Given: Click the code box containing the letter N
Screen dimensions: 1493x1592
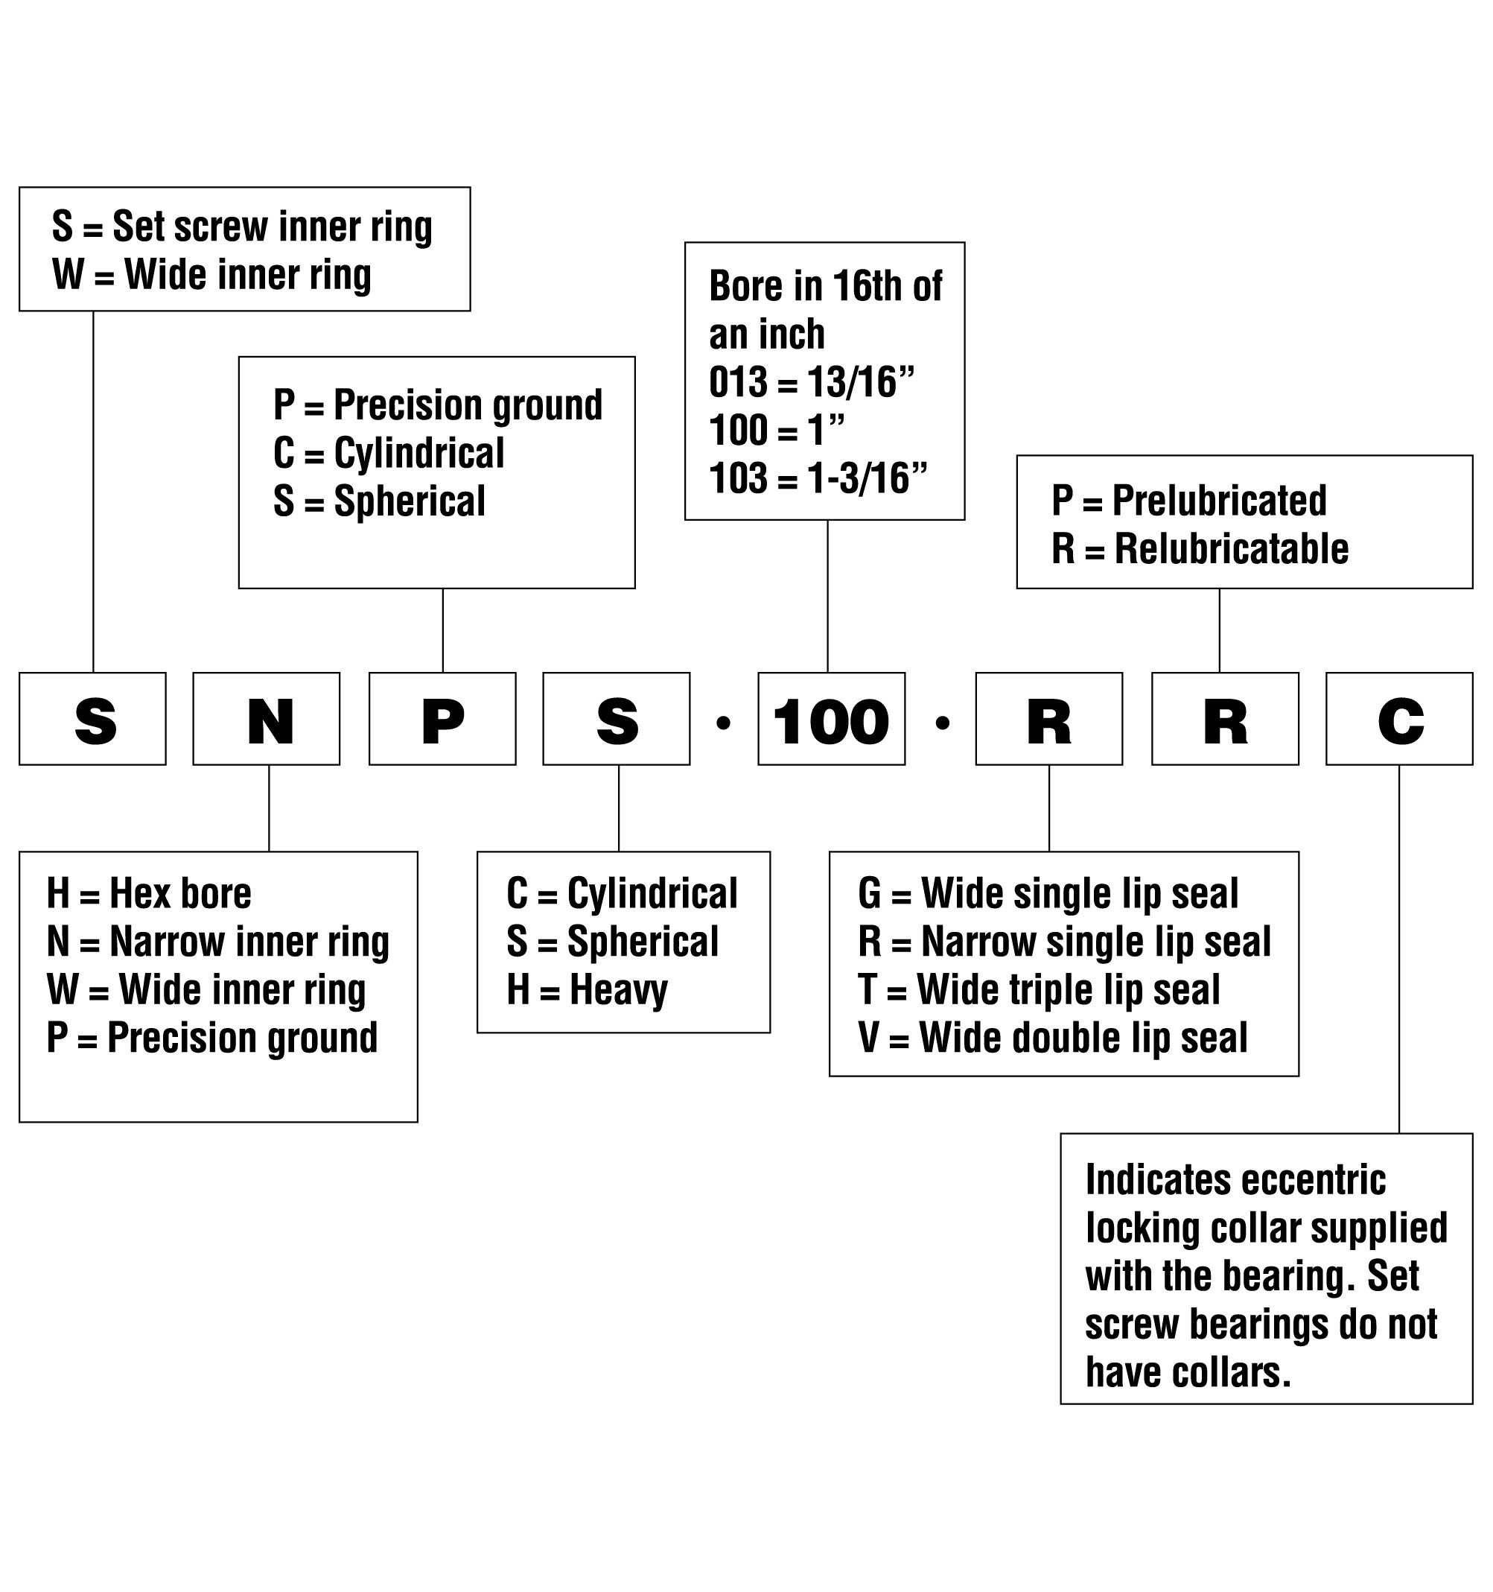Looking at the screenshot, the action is click(x=266, y=718).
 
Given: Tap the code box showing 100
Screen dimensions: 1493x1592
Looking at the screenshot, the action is click(x=832, y=718).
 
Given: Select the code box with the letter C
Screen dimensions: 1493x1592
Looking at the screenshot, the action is click(x=1399, y=718).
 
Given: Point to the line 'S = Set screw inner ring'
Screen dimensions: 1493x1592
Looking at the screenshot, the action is click(x=242, y=226).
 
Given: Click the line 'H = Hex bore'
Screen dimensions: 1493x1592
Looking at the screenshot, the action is click(x=149, y=893).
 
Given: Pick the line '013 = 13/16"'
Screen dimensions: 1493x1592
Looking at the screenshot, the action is click(x=812, y=382).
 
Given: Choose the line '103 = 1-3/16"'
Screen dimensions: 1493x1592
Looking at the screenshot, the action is click(x=818, y=478).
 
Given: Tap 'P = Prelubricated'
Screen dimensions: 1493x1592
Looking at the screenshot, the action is click(x=1188, y=501).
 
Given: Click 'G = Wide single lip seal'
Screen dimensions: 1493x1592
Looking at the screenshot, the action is click(x=1048, y=894).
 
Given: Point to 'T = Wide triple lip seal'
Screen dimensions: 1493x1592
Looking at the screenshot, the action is click(x=1039, y=990).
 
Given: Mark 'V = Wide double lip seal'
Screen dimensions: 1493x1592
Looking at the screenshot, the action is click(x=1053, y=1038).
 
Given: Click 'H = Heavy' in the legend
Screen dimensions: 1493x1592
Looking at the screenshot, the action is click(x=587, y=991).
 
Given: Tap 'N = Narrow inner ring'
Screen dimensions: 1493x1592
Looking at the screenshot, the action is click(x=217, y=942).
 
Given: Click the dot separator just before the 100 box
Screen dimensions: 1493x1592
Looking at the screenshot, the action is click(x=724, y=723).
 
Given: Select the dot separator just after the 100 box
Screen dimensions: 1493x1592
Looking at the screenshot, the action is click(x=942, y=723).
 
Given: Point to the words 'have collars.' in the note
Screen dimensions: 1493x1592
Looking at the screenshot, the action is click(x=1188, y=1371).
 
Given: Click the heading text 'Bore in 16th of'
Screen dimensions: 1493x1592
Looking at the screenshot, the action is click(x=825, y=286).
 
